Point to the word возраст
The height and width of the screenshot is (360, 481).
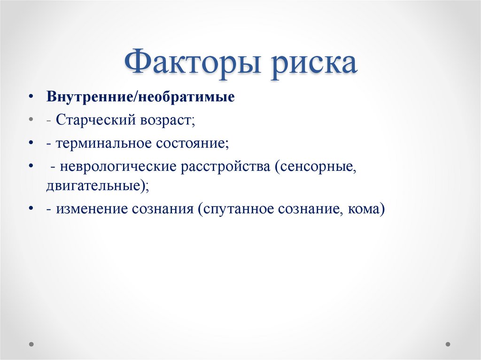coord(166,120)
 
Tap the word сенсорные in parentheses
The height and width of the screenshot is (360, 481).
coord(317,167)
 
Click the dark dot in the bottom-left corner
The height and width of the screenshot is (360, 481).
coord(31,344)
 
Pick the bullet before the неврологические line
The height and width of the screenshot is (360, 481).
coord(31,166)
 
